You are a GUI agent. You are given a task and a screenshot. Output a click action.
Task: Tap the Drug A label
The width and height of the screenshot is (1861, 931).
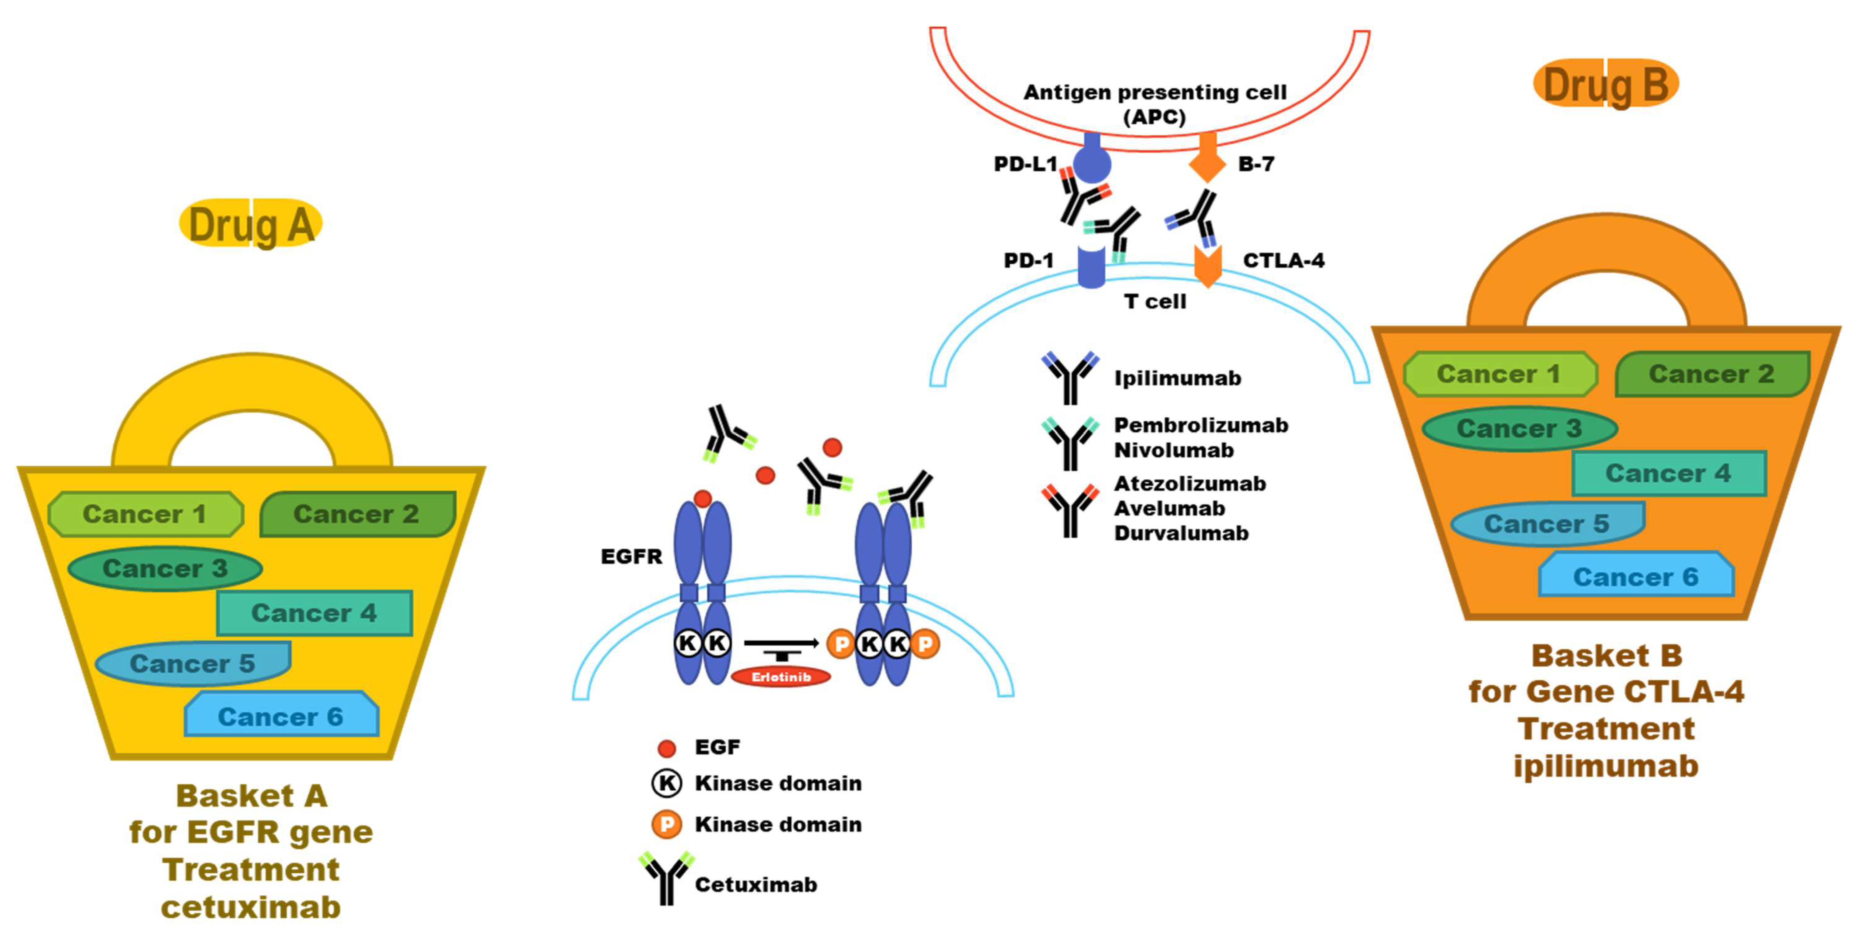251,224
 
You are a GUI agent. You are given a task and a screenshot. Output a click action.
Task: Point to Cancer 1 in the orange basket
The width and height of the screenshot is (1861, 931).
1499,374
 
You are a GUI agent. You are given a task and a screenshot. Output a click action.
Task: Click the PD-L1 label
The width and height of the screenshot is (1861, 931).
1025,164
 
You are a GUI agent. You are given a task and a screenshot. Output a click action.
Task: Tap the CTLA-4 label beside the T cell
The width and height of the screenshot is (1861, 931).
1283,261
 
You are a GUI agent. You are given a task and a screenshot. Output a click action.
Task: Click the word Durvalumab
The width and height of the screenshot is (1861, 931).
1181,533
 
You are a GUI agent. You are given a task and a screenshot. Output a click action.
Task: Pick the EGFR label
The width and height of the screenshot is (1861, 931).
631,556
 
